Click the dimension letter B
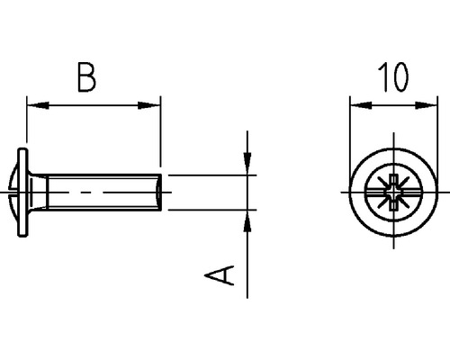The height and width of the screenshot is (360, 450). point(86,77)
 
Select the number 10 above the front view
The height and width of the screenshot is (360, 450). point(392,77)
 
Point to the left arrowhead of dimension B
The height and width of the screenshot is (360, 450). point(36,106)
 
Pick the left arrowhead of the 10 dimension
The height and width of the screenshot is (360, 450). point(356,106)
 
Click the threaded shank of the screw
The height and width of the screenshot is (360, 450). point(99,193)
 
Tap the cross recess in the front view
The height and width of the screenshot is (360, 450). point(393,193)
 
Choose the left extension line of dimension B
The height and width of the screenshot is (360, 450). point(28,126)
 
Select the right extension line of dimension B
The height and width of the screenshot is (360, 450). point(160,135)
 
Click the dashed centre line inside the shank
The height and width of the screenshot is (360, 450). point(90,193)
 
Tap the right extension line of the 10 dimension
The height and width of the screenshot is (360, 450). point(438,135)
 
